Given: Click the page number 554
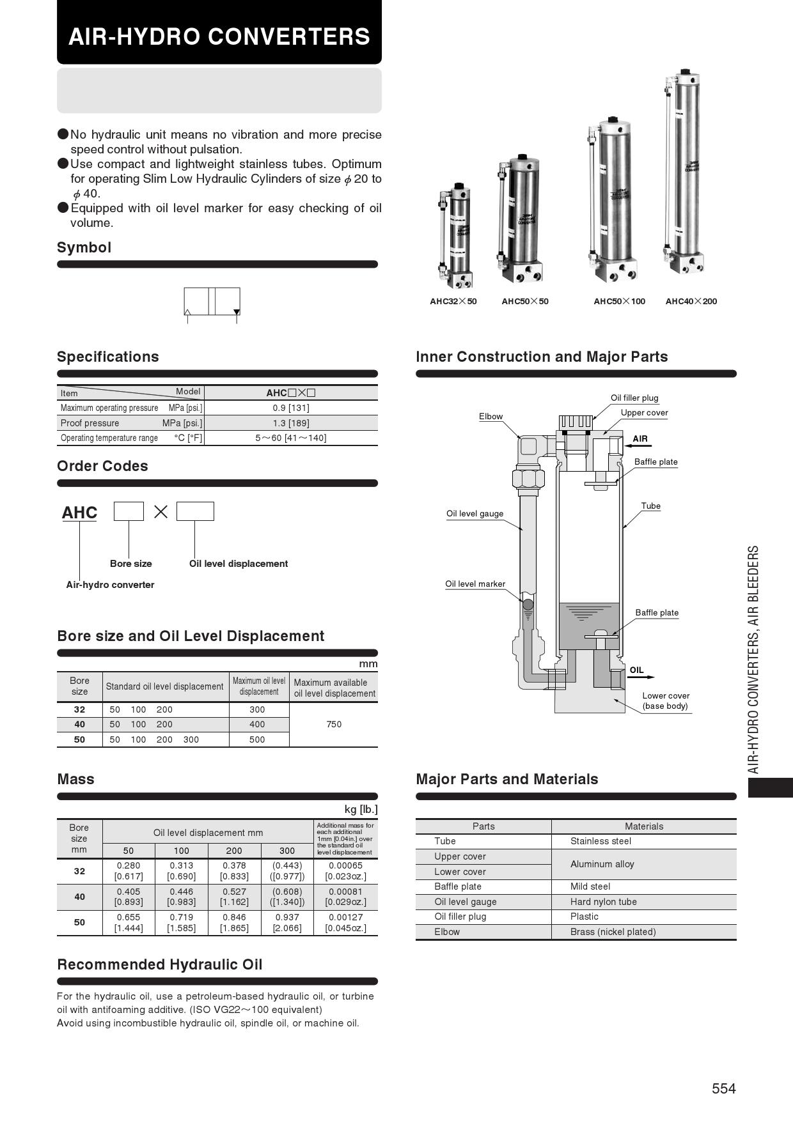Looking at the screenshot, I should tap(724, 1088).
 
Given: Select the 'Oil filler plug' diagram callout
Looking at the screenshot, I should tap(634, 398).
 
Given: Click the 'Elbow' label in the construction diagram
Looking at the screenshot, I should tap(491, 417).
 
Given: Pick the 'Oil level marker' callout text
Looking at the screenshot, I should tap(475, 584).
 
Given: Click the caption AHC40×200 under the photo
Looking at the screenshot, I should tap(691, 302).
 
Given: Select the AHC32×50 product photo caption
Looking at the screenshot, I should tap(453, 302).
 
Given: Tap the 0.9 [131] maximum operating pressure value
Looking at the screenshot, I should tap(291, 408).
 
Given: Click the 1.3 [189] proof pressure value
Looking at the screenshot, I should tap(291, 423).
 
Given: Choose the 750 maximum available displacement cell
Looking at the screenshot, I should tap(334, 724).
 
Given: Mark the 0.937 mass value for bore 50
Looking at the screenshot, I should tap(287, 917).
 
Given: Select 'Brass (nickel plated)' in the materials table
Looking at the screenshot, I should tap(613, 932).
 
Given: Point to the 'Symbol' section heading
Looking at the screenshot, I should tap(84, 247).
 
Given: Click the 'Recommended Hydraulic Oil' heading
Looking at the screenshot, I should tap(159, 964).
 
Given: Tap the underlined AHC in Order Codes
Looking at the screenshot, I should tap(79, 513).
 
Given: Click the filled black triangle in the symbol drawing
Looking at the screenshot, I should tap(237, 313).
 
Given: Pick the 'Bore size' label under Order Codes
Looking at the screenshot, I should tap(130, 564).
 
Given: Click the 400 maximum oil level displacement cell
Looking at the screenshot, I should tap(257, 724).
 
